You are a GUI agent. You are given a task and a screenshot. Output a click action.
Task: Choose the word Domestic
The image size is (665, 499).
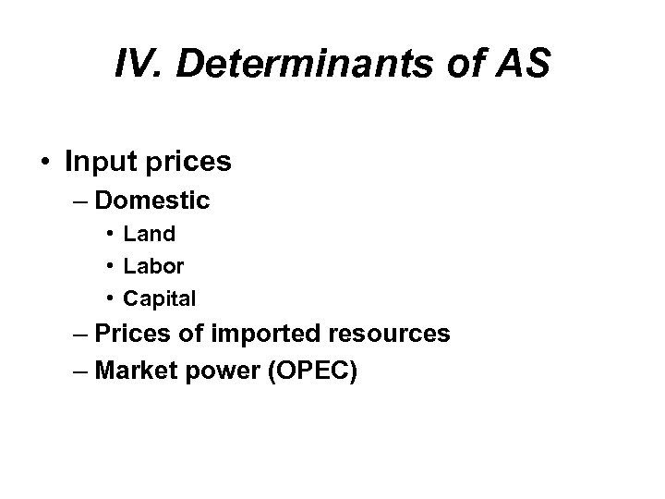coord(152,201)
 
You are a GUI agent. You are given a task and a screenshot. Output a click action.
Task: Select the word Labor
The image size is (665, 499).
coord(154,266)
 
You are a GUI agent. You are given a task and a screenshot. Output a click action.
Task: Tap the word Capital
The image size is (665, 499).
coord(160,298)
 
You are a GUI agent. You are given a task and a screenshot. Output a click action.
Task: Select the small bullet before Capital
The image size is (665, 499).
coord(110,298)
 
